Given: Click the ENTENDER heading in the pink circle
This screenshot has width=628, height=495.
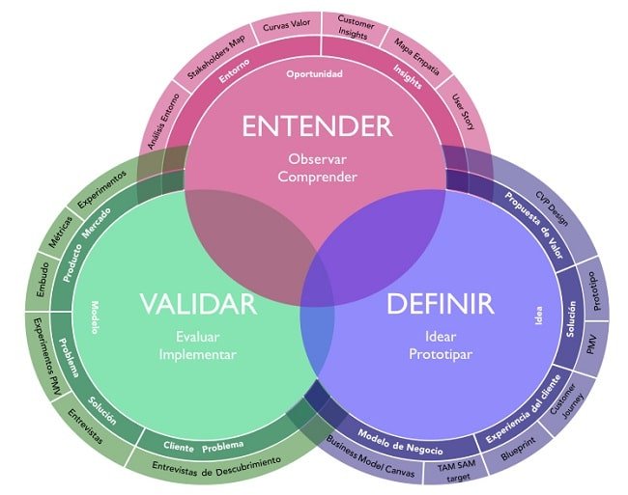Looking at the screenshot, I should [x=316, y=126].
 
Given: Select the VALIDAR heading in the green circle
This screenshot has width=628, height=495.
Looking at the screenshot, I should [x=197, y=305].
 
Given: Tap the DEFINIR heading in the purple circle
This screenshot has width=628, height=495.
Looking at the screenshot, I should [x=440, y=305].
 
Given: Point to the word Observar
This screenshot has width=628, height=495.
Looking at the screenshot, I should [x=316, y=158].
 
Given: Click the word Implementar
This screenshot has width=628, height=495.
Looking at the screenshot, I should [x=197, y=354].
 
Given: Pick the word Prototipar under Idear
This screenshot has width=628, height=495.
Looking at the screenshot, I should [x=440, y=354].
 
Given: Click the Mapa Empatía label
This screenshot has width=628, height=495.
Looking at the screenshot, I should [x=417, y=55].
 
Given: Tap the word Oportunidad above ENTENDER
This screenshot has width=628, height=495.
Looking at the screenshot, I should [x=314, y=74].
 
